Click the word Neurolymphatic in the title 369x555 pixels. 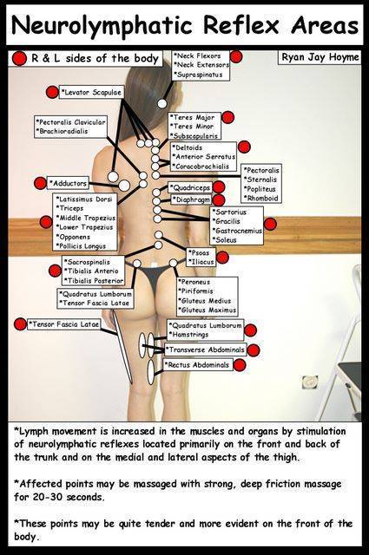click(x=102, y=25)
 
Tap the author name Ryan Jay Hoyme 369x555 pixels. click(x=320, y=57)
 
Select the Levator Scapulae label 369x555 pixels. click(x=91, y=92)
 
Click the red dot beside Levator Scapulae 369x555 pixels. click(x=52, y=92)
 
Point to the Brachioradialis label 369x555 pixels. click(x=63, y=131)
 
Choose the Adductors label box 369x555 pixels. click(x=68, y=183)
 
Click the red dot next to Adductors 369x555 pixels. click(x=41, y=183)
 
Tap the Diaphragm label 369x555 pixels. click(x=191, y=200)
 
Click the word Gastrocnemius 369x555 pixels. click(x=237, y=231)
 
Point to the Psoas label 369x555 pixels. click(x=201, y=252)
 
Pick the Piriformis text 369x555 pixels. click(x=197, y=291)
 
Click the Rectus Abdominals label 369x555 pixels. click(x=198, y=364)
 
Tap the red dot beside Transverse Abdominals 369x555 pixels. click(x=254, y=350)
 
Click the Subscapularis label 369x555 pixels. click(x=194, y=135)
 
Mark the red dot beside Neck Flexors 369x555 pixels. click(x=236, y=56)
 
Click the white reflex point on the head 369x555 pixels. click(x=162, y=103)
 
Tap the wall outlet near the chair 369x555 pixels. click(x=309, y=383)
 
